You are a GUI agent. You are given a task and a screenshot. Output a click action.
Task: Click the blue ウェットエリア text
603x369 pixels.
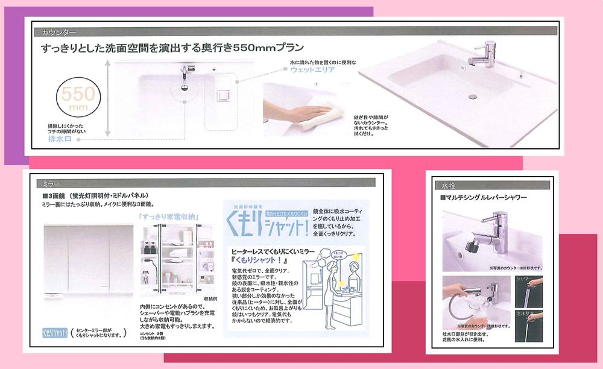[x=314, y=70]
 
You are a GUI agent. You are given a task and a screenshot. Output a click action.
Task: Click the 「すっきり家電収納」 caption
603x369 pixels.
[x=168, y=216]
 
